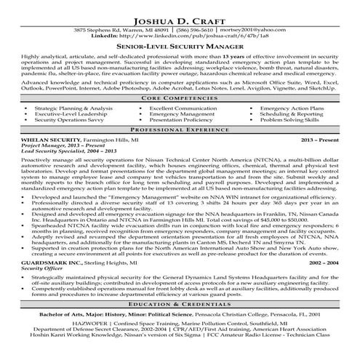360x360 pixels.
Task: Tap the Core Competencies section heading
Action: (x=180, y=97)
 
